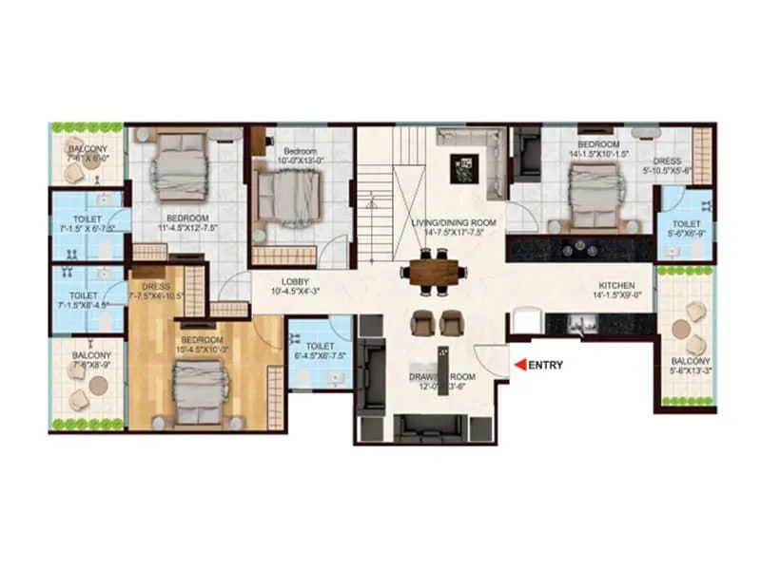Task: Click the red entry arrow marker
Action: [519, 364]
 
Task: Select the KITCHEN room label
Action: [615, 285]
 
